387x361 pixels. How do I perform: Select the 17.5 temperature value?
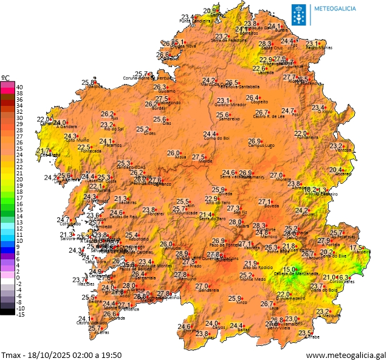[357, 248]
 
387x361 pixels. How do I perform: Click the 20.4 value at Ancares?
[336, 170]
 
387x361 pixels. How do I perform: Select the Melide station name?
[205, 162]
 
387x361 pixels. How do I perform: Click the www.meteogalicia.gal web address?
[345, 354]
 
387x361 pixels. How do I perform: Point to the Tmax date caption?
[61, 354]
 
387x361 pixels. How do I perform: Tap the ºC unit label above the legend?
[5, 78]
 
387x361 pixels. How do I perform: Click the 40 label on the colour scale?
[19, 86]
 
